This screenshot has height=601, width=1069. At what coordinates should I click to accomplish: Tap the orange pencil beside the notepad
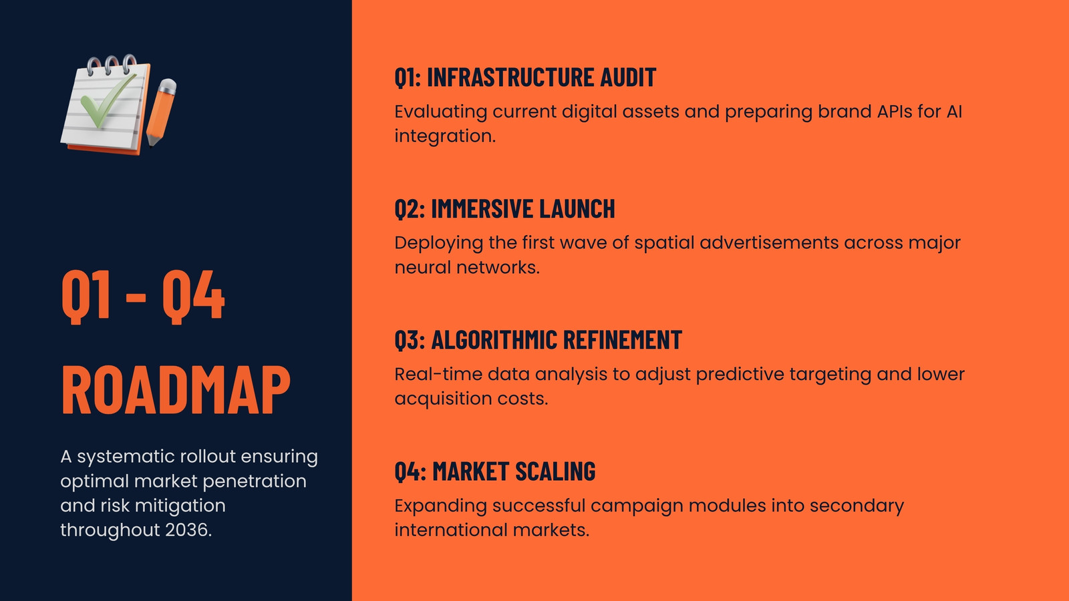point(161,113)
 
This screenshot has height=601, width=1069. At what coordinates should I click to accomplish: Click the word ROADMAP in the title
point(176,390)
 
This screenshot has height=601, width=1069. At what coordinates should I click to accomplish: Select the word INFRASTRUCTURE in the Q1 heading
point(510,77)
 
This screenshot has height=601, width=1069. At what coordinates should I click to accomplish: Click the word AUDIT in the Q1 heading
point(628,77)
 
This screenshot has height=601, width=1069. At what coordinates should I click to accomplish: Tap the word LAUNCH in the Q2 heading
point(577,208)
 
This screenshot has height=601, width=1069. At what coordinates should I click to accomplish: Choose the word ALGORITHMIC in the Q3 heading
point(494,340)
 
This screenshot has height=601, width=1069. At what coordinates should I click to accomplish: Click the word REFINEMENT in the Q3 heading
point(622,340)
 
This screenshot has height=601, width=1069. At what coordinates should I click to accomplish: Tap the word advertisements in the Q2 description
point(769,243)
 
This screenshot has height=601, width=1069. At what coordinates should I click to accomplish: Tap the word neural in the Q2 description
point(423,268)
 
